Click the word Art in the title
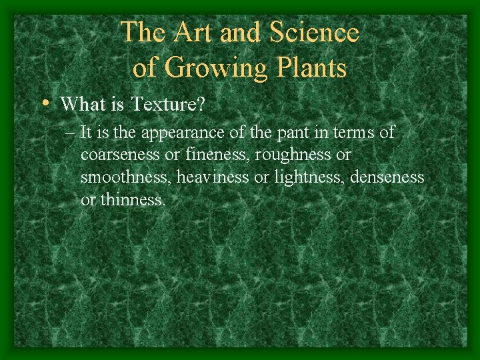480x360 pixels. (190, 32)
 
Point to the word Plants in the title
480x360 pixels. (309, 67)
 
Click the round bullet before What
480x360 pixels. (44, 103)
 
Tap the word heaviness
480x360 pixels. (213, 177)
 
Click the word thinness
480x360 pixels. (132, 200)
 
